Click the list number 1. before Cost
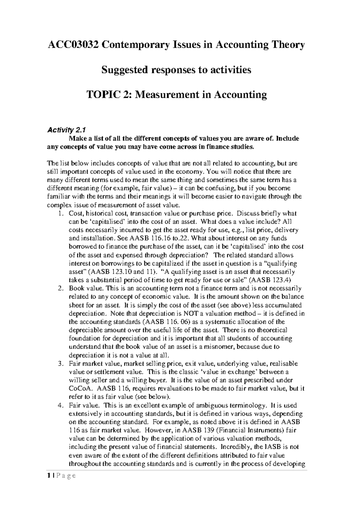pos(61,214)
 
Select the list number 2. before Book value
pos(61,289)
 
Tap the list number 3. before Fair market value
pos(61,364)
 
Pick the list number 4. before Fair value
pos(61,405)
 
